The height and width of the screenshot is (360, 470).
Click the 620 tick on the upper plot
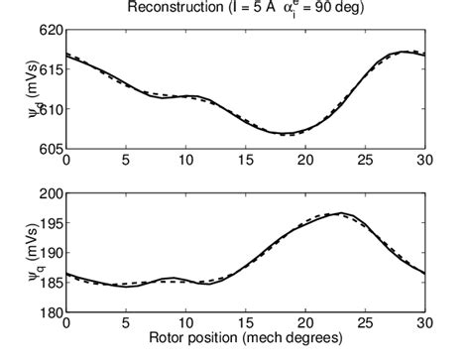pyautogui.click(x=50, y=31)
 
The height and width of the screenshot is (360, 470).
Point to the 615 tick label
pyautogui.click(x=50, y=69)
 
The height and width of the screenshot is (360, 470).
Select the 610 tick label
pyautogui.click(x=50, y=108)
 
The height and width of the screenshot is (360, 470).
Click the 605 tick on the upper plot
pyautogui.click(x=50, y=148)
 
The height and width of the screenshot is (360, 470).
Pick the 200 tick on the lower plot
pyautogui.click(x=50, y=195)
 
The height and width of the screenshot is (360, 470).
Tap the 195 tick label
pyautogui.click(x=50, y=225)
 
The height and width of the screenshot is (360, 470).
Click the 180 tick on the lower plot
pyautogui.click(x=50, y=313)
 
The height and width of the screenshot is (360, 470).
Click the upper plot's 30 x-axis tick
pyautogui.click(x=425, y=160)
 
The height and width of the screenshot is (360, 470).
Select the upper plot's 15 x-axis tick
pyautogui.click(x=245, y=160)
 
